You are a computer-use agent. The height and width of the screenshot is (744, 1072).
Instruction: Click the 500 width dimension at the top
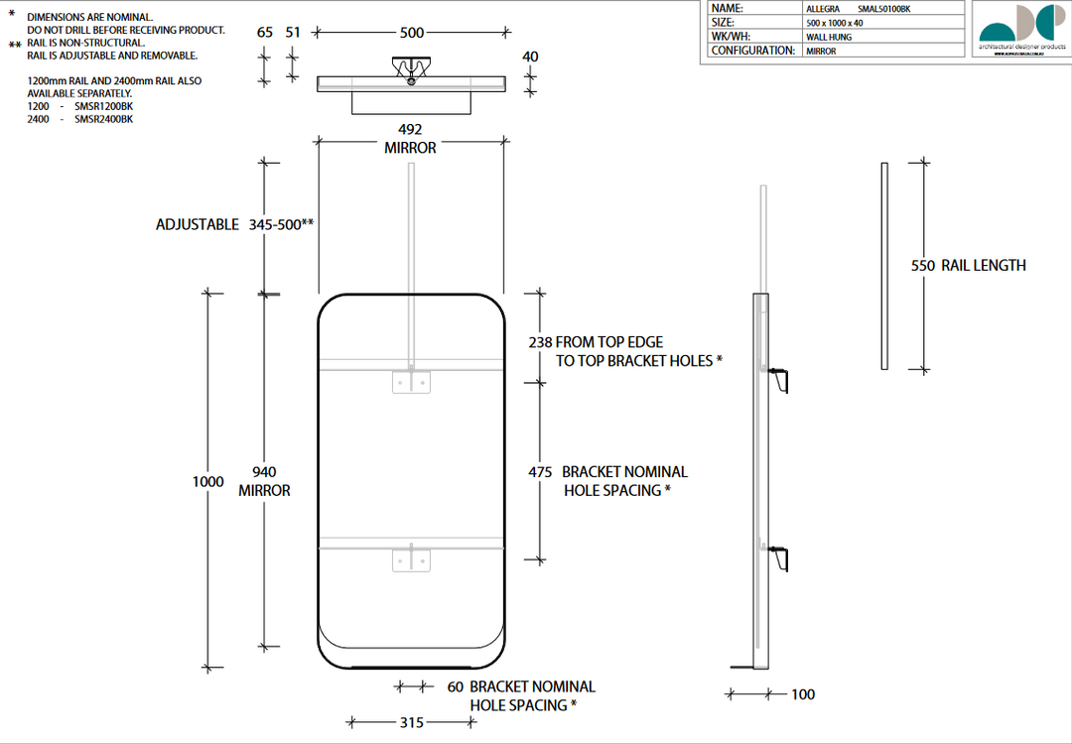[412, 33]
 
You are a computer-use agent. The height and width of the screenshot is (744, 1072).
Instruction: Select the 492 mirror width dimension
[410, 129]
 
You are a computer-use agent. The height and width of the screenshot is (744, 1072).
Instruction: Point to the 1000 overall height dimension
[207, 481]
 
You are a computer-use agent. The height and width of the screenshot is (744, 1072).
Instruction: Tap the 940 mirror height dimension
[264, 472]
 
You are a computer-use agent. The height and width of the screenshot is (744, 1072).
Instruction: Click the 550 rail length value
[923, 266]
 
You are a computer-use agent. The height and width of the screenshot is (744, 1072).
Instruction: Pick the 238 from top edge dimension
[540, 342]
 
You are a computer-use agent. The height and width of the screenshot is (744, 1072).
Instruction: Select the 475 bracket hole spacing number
[540, 472]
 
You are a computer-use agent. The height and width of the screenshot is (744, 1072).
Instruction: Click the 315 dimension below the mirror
[412, 723]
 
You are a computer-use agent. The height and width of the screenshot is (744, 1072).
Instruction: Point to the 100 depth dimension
[803, 694]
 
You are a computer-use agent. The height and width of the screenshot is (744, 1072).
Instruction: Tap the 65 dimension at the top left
[264, 33]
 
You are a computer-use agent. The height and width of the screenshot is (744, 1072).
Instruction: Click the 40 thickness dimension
[530, 57]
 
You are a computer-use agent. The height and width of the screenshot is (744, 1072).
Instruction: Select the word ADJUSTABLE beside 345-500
[198, 225]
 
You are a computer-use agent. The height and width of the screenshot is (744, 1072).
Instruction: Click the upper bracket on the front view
[411, 380]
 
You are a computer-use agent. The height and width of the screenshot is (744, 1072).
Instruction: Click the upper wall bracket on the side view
[780, 378]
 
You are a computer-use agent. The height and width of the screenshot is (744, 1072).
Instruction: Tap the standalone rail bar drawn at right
[884, 266]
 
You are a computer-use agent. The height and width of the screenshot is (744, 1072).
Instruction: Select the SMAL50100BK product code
[882, 8]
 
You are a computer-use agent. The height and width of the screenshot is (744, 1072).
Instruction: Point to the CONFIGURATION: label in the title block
[752, 51]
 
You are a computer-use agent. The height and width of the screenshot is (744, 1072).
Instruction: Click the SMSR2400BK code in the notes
[103, 119]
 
